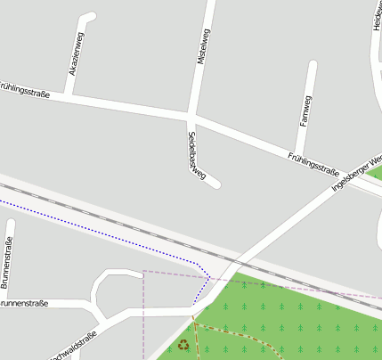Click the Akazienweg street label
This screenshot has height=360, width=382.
77,55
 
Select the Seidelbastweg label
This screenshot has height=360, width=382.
196,156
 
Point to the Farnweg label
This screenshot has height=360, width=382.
306,110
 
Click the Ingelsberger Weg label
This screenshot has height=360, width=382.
355,170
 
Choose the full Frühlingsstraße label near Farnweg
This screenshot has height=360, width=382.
313,164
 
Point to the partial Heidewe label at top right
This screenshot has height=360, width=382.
377,16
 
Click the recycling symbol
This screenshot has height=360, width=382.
183,344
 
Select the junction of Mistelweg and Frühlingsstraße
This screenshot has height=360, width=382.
191,116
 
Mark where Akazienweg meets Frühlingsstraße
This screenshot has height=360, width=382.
69,96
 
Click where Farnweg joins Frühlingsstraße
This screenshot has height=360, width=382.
297,151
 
